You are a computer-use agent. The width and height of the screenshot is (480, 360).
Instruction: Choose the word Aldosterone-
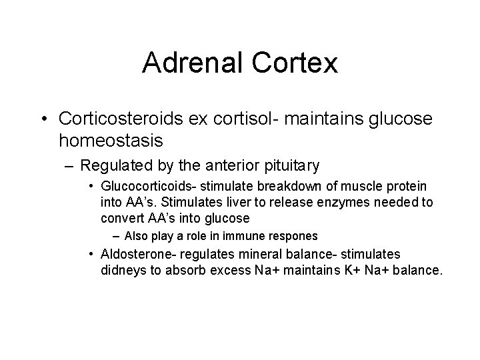pos(133,254)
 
